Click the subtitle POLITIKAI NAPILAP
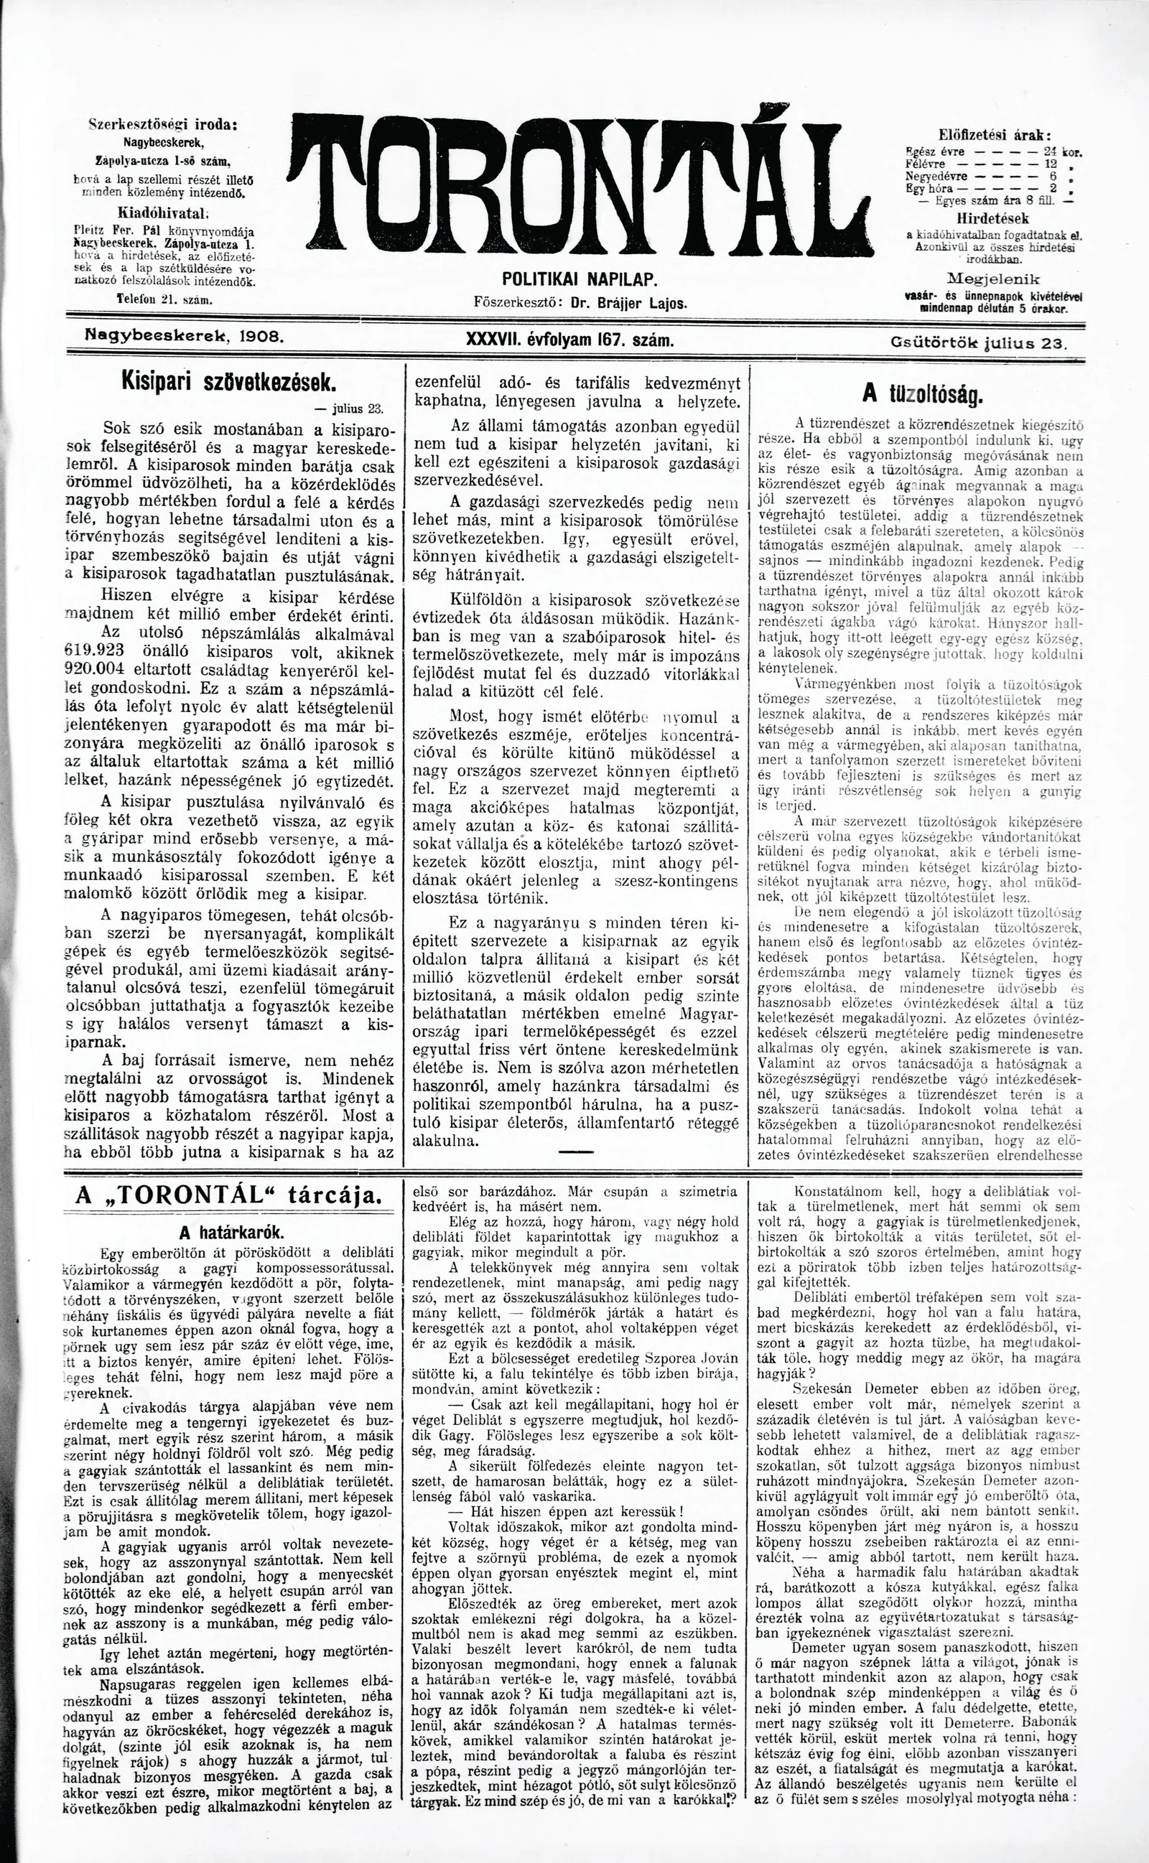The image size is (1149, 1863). pos(578,280)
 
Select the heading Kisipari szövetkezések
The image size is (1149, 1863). pos(227,380)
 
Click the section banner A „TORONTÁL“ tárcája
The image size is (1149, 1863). pos(228,1195)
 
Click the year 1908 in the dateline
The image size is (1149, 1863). pos(259,335)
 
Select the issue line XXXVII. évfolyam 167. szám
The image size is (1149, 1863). pos(570,341)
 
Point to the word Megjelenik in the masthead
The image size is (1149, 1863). pos(995,277)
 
